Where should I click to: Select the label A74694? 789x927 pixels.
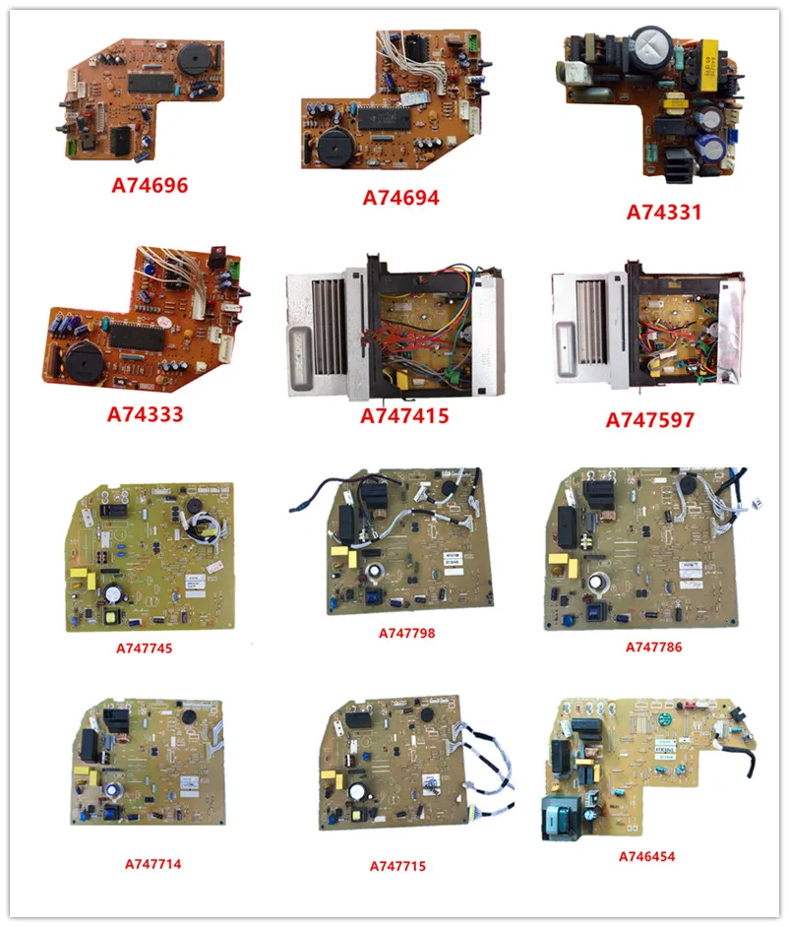[x=400, y=198]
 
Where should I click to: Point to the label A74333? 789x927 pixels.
[x=146, y=414]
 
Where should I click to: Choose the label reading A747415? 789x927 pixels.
[x=404, y=416]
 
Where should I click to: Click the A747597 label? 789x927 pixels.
[x=650, y=420]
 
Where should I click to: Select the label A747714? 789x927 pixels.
[x=152, y=864]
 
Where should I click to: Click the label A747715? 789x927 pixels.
[x=398, y=866]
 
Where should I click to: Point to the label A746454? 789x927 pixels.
[x=646, y=856]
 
